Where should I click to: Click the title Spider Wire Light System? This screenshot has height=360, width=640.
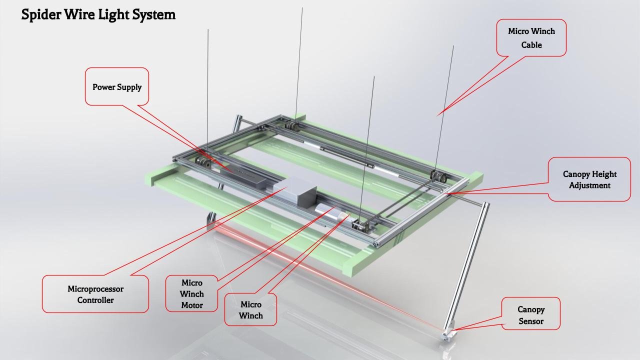(x=98, y=15)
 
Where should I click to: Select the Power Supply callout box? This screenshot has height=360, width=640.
(x=117, y=86)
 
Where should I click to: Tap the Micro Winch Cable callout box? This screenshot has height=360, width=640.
(x=531, y=37)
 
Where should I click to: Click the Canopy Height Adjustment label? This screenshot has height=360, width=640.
(x=589, y=179)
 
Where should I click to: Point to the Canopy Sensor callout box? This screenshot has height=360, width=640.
(x=530, y=315)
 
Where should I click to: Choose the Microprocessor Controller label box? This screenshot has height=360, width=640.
(x=95, y=294)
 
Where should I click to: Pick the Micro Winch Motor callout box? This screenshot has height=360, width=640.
(x=192, y=293)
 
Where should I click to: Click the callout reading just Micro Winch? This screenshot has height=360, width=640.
(x=250, y=309)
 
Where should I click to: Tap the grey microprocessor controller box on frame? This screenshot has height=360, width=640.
(x=295, y=191)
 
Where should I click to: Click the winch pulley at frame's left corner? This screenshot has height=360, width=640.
(x=203, y=162)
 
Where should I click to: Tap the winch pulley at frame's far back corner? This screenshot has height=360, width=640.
(x=290, y=126)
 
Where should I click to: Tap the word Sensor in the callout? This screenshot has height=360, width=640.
(x=530, y=321)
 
